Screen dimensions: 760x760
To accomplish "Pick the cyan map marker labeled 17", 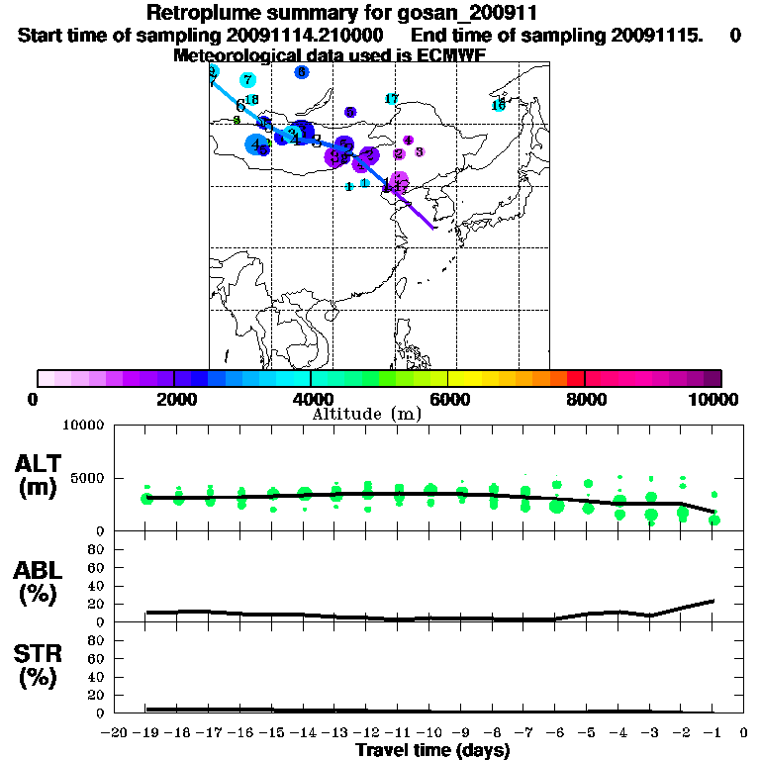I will [x=391, y=98].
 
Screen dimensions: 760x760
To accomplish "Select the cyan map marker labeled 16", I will [x=499, y=104].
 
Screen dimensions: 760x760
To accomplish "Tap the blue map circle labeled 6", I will [x=301, y=72].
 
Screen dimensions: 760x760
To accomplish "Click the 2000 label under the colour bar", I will [x=173, y=399].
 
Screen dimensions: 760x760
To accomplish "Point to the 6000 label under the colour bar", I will [x=448, y=399].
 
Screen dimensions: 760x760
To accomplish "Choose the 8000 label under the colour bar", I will [x=585, y=399].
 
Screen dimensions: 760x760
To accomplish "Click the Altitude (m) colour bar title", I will [x=366, y=414].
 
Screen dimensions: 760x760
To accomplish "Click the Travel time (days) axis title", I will [x=432, y=750].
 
